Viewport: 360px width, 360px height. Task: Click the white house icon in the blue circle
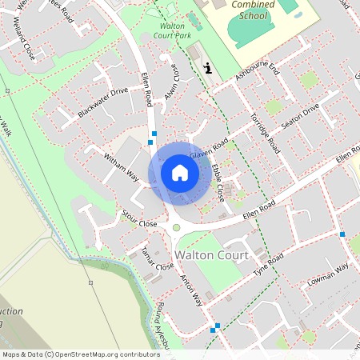pyautogui.click(x=179, y=172)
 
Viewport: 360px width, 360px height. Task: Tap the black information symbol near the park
pyautogui.click(x=208, y=69)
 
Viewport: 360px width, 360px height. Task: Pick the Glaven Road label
pyautogui.click(x=209, y=148)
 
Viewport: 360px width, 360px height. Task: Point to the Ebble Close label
pyautogui.click(x=217, y=177)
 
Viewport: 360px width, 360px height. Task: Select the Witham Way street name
pyautogui.click(x=122, y=166)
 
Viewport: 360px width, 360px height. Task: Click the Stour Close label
pyautogui.click(x=139, y=219)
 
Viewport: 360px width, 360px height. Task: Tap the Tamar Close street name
pyautogui.click(x=157, y=258)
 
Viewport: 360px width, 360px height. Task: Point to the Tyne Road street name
pyautogui.click(x=269, y=265)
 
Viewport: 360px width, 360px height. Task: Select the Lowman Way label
pyautogui.click(x=330, y=275)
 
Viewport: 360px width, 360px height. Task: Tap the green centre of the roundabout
pyautogui.click(x=176, y=228)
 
